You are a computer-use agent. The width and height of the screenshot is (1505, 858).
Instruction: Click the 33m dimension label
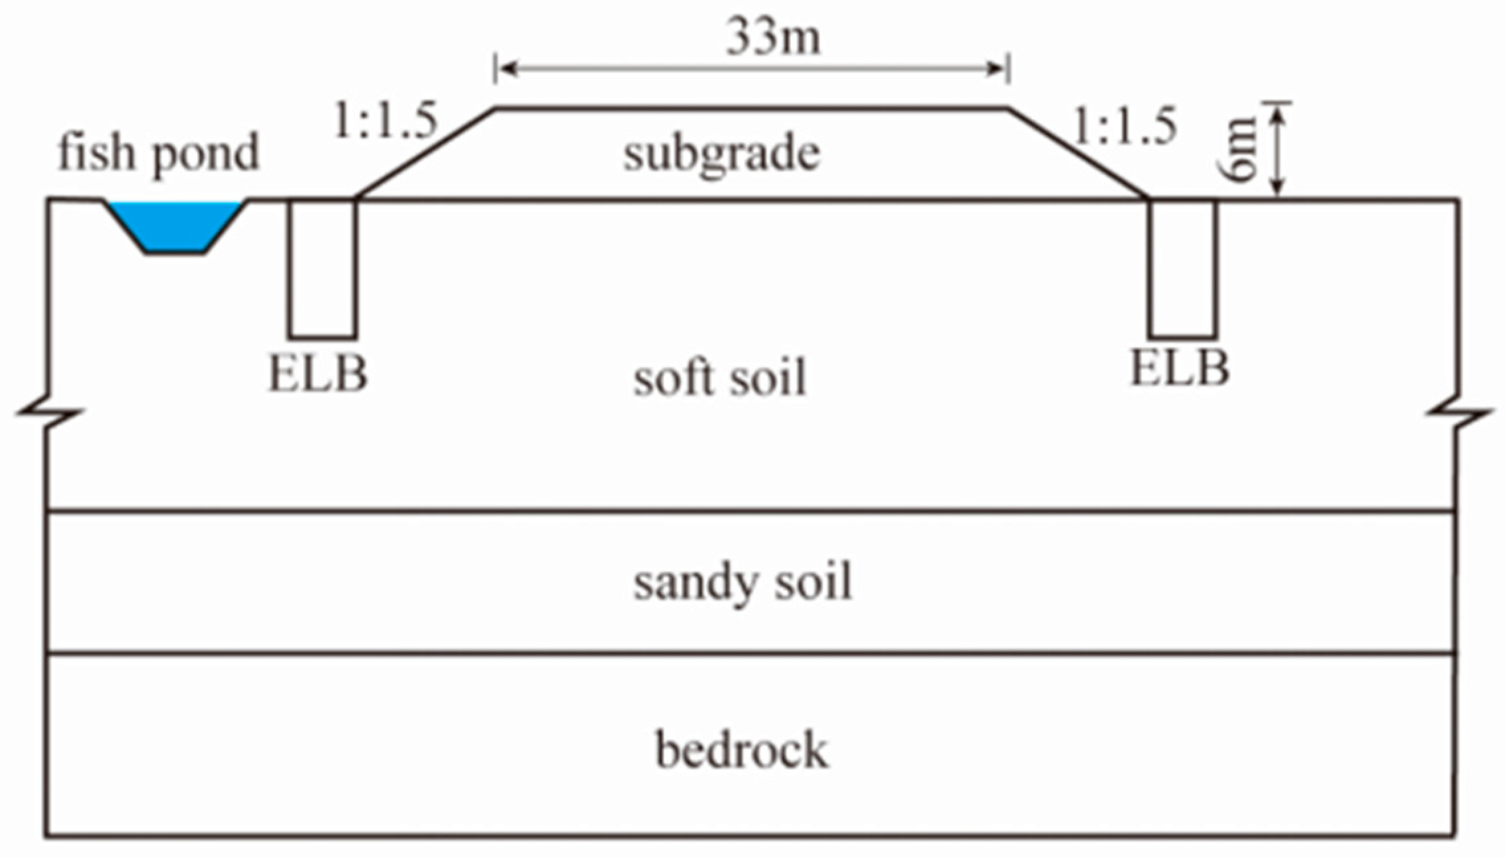coord(773,36)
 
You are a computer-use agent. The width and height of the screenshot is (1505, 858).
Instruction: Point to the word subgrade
coord(721,154)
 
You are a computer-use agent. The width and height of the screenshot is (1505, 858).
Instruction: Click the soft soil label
coord(720,378)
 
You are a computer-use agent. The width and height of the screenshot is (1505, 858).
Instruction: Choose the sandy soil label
coord(742,582)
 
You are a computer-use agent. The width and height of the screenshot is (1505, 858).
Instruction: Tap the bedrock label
coord(742,751)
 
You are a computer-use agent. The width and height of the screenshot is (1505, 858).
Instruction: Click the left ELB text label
coord(317,374)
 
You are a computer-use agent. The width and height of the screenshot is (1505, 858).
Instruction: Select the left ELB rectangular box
coord(323,268)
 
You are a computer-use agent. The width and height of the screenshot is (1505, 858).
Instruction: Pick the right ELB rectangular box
coord(1182,268)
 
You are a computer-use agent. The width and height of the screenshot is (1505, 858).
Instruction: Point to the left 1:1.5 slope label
coord(386,121)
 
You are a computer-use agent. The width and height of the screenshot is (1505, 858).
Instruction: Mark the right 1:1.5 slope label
coord(1124,127)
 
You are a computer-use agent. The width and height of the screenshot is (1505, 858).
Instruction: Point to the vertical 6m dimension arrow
coord(1279,150)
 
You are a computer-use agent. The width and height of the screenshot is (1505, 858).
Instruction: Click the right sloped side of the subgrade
coord(1078,153)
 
